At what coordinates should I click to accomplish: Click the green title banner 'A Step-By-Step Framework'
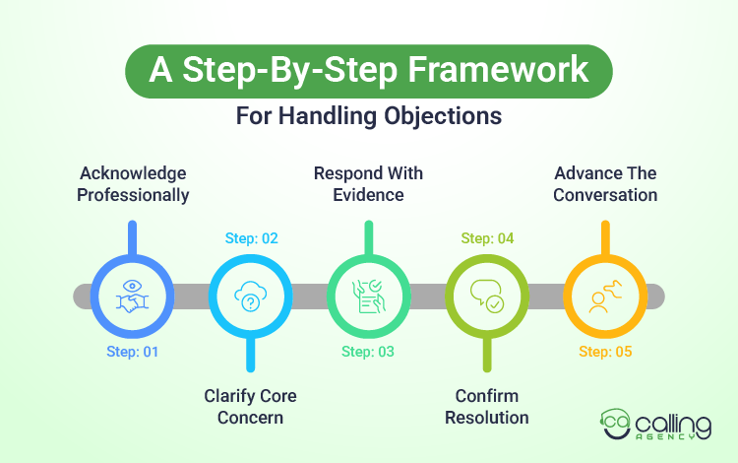pyautogui.click(x=368, y=71)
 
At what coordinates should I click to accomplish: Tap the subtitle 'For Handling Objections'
pyautogui.click(x=369, y=115)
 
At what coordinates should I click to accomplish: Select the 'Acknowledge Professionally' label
pyautogui.click(x=134, y=184)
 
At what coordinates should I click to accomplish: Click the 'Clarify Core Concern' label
pyautogui.click(x=250, y=406)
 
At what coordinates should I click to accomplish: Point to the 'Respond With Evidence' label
pyautogui.click(x=368, y=184)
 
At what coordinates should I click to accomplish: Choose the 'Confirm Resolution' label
pyautogui.click(x=486, y=406)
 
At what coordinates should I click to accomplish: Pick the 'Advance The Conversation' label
pyautogui.click(x=604, y=184)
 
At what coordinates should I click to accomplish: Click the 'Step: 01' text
pyautogui.click(x=133, y=351)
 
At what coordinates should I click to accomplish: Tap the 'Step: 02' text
pyautogui.click(x=251, y=238)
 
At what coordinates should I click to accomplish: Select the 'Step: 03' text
pyautogui.click(x=368, y=351)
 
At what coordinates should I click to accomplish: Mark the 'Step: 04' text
pyautogui.click(x=487, y=238)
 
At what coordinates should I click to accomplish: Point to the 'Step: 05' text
pyautogui.click(x=604, y=351)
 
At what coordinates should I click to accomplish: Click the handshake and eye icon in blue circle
pyautogui.click(x=133, y=296)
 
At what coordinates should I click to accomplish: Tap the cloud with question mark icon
pyautogui.click(x=251, y=296)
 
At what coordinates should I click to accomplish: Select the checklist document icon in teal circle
pyautogui.click(x=368, y=296)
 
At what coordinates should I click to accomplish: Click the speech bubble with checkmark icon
pyautogui.click(x=486, y=296)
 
